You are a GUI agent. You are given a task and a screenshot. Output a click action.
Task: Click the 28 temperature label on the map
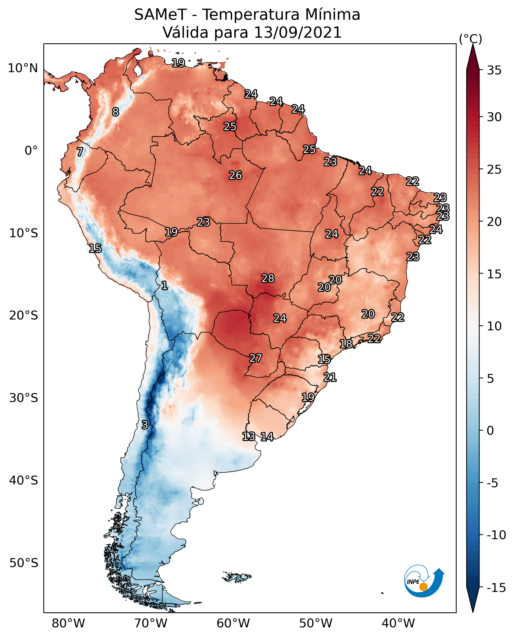268,278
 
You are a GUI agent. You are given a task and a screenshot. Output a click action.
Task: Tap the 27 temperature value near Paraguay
255,358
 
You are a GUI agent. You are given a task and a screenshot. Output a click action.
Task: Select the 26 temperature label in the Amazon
235,175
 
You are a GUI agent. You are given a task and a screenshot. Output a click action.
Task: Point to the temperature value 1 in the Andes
164,285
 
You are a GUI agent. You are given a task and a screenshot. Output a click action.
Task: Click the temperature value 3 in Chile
144,425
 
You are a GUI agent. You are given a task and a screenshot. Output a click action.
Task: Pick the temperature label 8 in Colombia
116,112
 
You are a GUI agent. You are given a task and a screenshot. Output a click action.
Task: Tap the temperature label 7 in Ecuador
80,152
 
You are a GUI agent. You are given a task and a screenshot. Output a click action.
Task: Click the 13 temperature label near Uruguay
248,436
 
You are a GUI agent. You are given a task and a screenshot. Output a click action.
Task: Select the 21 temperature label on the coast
330,377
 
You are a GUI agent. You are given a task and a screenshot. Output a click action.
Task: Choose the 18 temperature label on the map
346,344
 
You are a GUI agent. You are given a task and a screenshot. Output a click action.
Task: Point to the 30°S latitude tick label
23,398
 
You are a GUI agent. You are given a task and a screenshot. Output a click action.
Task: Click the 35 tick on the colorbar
494,70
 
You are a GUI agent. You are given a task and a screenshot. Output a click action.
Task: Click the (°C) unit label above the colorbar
470,39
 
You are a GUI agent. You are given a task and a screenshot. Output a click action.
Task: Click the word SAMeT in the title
160,15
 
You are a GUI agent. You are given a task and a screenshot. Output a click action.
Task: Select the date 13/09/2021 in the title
298,32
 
